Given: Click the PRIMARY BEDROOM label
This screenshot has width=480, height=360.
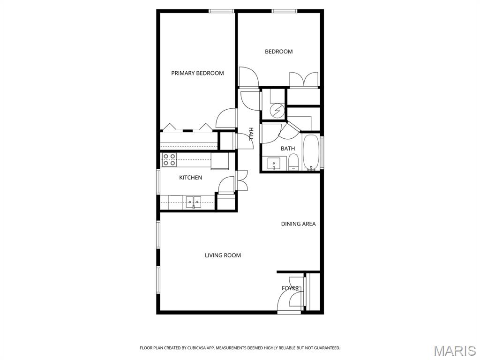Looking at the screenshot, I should tap(197, 73).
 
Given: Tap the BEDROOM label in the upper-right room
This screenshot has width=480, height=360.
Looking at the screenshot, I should tap(278, 52).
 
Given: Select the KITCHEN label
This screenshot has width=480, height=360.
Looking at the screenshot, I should tap(190, 178).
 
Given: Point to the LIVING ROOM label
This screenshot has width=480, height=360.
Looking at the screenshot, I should tap(223, 255).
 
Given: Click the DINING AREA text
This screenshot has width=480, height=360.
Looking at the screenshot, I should tap(298, 224).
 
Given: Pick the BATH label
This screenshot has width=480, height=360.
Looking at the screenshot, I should tap(288, 149).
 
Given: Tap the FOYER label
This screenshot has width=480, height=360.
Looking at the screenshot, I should tap(290, 288).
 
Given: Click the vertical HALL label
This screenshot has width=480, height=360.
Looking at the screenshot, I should tap(251, 134).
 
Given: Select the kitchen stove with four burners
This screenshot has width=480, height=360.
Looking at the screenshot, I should tap(169, 160).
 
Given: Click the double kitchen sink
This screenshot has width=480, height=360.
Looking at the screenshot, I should tap(193, 202).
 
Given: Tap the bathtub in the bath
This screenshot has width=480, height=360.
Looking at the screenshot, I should tap(311, 152).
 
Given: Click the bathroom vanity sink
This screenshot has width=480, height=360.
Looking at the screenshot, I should tap(274, 164).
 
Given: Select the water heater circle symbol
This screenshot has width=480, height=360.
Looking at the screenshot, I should tap(277, 111).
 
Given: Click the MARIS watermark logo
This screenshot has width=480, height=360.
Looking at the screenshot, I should tap(454, 351).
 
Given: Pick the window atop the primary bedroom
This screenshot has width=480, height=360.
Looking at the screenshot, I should tap(221, 11).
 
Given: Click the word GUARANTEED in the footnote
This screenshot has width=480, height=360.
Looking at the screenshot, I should tap(325, 348).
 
